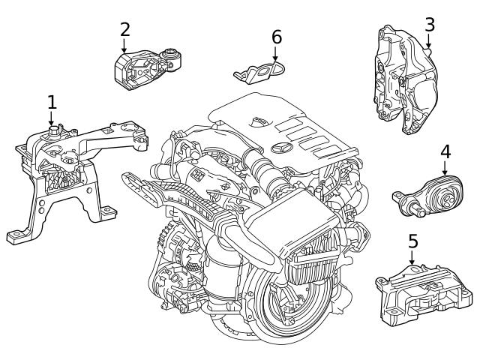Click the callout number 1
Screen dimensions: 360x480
pyautogui.click(x=51, y=101)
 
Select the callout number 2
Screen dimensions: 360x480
pyautogui.click(x=124, y=29)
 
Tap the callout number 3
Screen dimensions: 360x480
pyautogui.click(x=429, y=24)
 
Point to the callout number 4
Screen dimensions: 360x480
pyautogui.click(x=445, y=151)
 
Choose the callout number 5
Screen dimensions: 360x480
pyautogui.click(x=412, y=241)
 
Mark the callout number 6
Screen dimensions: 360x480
pyautogui.click(x=276, y=36)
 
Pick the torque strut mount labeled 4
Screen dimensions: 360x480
pyautogui.click(x=430, y=196)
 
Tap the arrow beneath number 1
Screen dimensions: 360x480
pyautogui.click(x=51, y=118)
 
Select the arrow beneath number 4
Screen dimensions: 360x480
pyautogui.click(x=445, y=167)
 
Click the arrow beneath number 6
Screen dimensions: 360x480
pyautogui.click(x=276, y=54)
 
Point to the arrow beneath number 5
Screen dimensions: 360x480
pyautogui.click(x=412, y=258)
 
